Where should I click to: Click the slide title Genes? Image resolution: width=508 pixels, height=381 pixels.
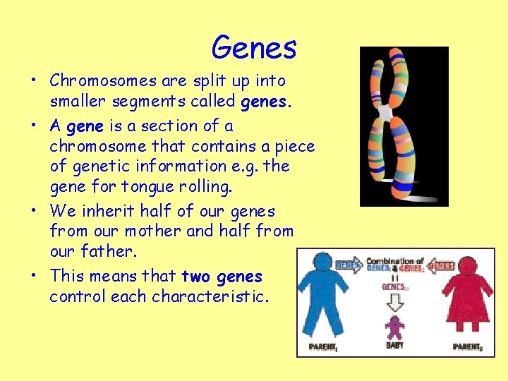pos(254,47)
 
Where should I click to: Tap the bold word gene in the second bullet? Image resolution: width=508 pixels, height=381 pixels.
pos(85,126)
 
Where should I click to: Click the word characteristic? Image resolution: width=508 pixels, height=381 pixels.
pos(204,296)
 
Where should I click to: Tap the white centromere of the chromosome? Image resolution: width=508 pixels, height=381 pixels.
pos(385,113)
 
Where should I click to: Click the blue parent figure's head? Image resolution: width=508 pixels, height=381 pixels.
pos(323,261)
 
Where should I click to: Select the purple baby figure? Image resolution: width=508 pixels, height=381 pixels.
pos(395,327)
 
